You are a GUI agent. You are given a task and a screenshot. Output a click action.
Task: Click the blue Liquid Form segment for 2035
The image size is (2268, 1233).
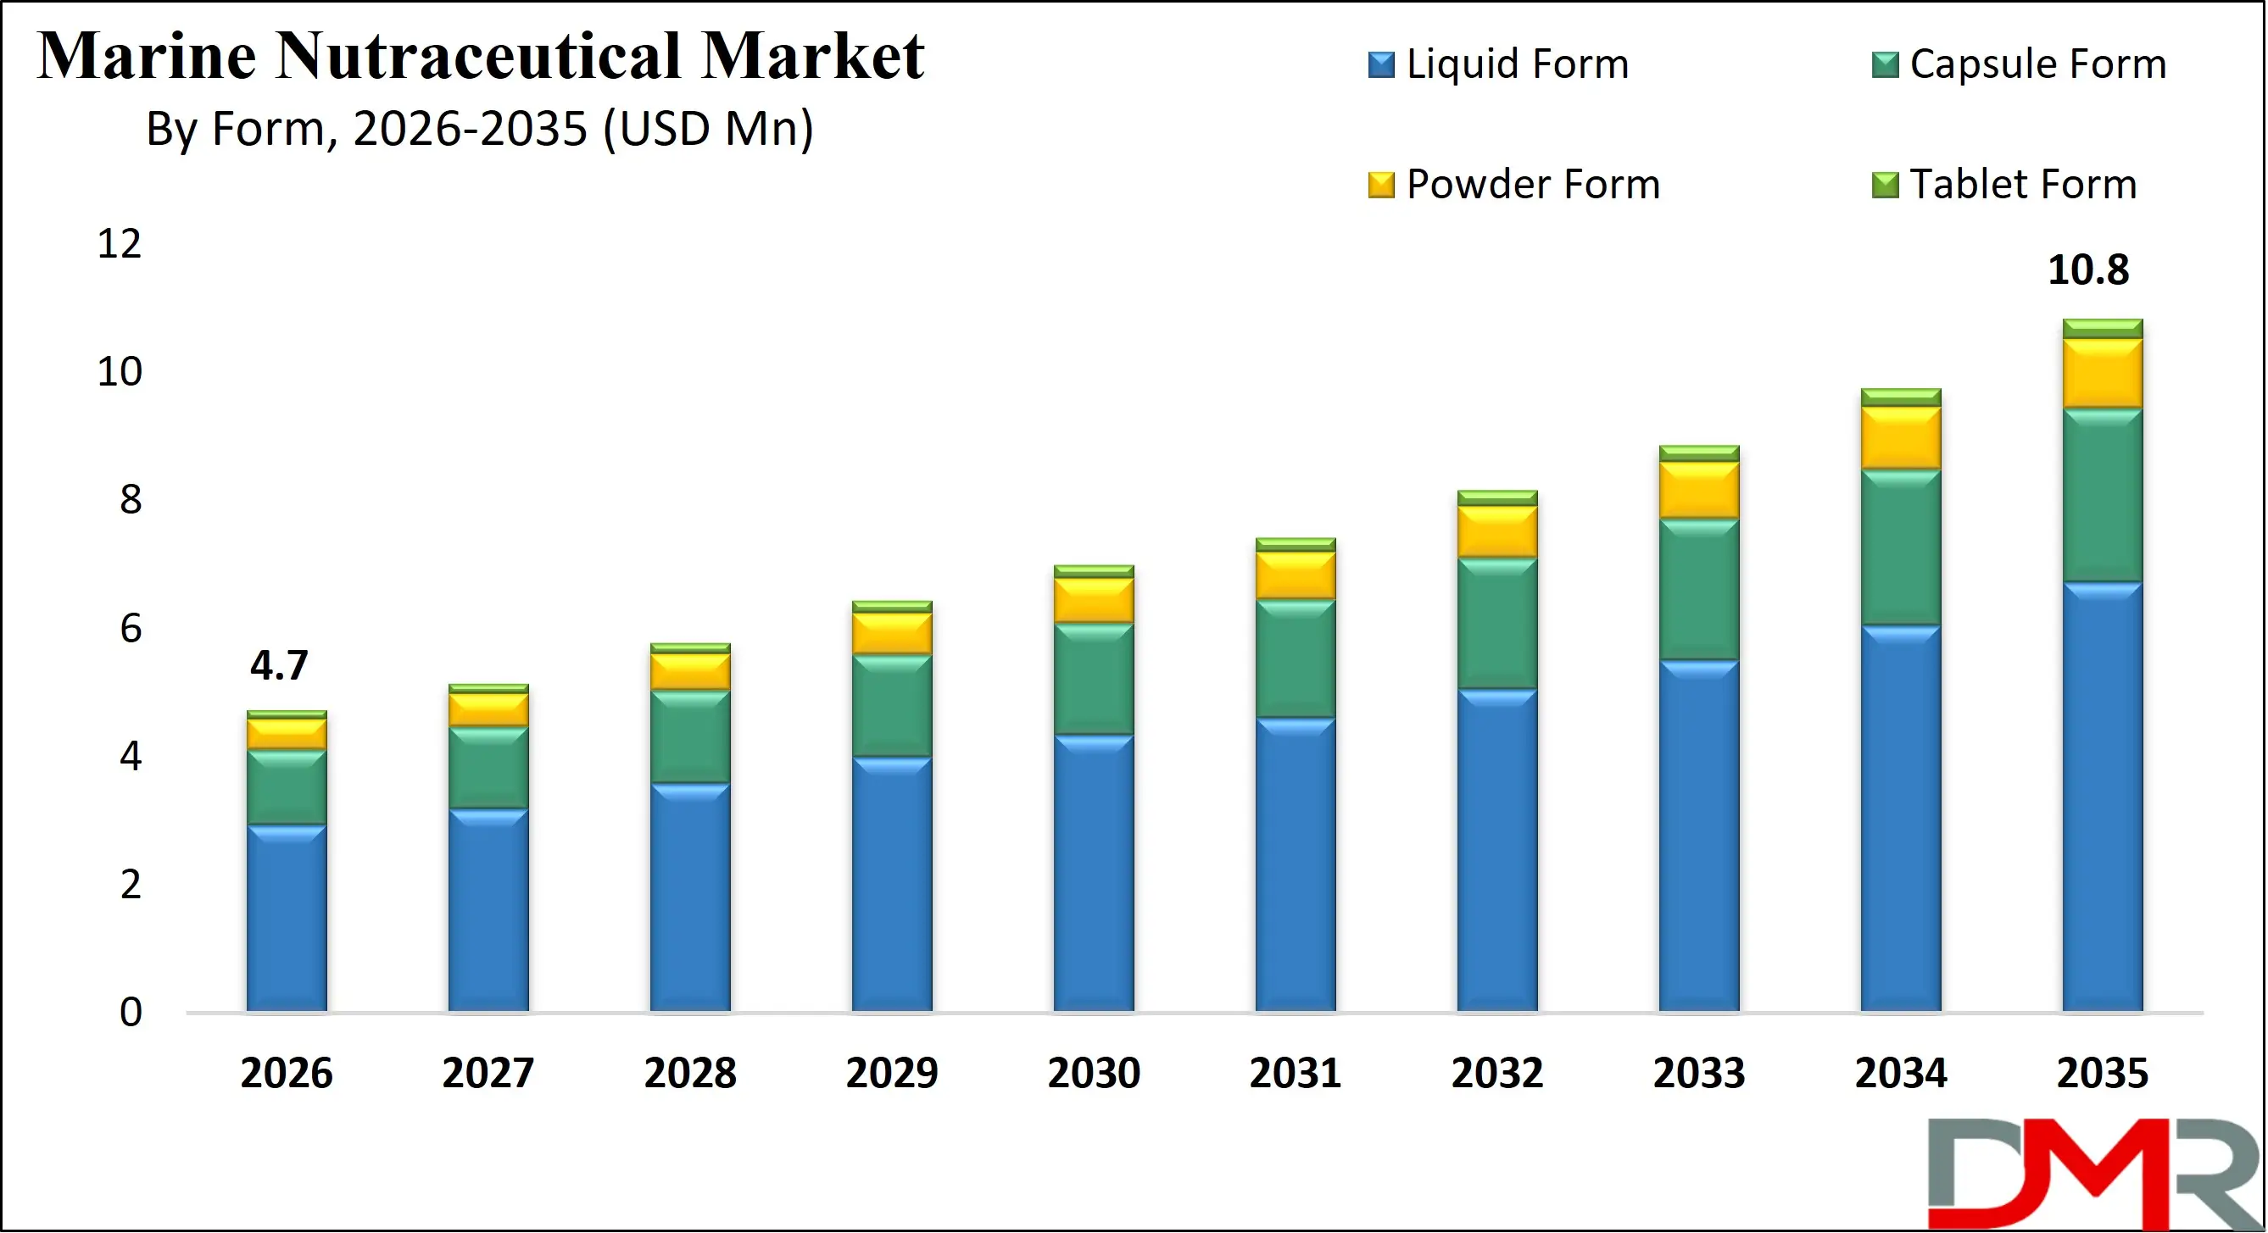(2102, 797)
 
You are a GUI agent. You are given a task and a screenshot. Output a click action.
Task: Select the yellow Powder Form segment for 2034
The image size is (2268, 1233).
(1900, 437)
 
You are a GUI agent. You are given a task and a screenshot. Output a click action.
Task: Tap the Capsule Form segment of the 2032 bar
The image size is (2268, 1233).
(1496, 623)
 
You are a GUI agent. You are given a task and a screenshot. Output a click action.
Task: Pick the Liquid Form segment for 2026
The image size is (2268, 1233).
(286, 918)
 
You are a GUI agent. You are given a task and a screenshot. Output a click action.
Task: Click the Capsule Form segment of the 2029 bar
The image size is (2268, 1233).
(892, 705)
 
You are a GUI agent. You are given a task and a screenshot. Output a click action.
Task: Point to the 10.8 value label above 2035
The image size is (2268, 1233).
(2087, 269)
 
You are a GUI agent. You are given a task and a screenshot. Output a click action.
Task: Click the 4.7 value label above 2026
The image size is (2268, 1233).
(279, 665)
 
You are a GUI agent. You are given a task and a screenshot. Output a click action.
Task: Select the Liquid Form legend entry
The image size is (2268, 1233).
(1516, 64)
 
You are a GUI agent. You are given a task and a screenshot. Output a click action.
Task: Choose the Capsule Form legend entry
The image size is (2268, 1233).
(2037, 64)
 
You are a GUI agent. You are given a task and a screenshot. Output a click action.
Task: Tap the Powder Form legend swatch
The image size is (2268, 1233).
(1380, 185)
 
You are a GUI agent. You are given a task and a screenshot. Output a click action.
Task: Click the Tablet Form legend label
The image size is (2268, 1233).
(2022, 185)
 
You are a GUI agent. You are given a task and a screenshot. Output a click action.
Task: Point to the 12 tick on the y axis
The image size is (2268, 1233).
(119, 244)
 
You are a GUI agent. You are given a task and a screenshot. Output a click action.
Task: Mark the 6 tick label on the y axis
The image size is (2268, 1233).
(131, 629)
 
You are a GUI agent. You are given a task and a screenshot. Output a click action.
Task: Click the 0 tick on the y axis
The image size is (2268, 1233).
(131, 1012)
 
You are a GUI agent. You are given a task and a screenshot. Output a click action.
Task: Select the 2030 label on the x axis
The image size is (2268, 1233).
(1094, 1073)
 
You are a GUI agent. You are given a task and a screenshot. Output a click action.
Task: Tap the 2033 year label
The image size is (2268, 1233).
(1698, 1073)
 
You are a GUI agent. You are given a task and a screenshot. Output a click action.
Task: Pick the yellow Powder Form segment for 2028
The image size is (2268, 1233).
(690, 671)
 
